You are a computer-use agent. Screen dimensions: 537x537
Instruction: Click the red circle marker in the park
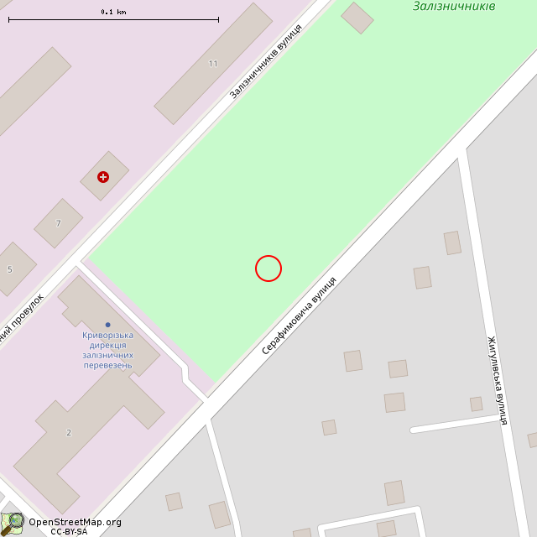point(268,268)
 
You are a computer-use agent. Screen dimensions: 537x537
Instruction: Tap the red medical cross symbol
point(103,177)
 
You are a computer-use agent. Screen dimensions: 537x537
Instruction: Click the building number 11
point(213,64)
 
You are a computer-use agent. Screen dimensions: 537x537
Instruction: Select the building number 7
point(59,223)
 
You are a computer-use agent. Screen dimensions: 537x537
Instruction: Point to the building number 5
point(10,269)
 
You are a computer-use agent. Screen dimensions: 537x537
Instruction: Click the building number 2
point(69,432)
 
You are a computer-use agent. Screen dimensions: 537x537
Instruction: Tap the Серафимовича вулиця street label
point(299,315)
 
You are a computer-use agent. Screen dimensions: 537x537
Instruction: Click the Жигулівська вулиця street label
point(498,380)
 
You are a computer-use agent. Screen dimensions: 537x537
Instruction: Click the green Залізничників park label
point(454,7)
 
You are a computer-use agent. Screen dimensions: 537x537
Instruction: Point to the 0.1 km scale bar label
point(113,12)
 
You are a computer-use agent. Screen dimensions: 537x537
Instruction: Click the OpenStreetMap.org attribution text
point(75,522)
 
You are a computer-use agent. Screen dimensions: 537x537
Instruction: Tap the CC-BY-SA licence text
point(69,531)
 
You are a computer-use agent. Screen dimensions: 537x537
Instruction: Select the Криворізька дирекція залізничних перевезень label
point(107,350)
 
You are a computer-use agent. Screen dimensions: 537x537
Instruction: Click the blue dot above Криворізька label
point(107,325)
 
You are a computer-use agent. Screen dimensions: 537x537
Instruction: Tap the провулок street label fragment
point(23,318)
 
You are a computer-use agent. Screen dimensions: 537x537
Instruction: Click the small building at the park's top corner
point(357,18)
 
